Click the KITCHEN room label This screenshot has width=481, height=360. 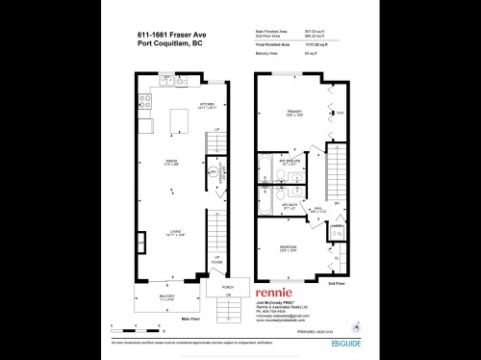[206, 104]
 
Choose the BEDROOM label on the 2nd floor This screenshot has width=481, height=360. [287, 247]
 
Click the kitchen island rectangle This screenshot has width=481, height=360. [177, 121]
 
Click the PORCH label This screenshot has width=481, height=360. [228, 286]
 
